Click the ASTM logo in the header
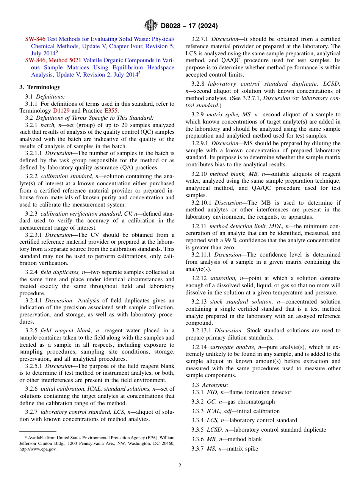coord(151,25)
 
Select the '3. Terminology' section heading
coord(40,87)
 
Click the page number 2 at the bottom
coord(180,466)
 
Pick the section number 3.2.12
coord(199,278)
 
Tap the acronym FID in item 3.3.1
coord(212,392)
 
